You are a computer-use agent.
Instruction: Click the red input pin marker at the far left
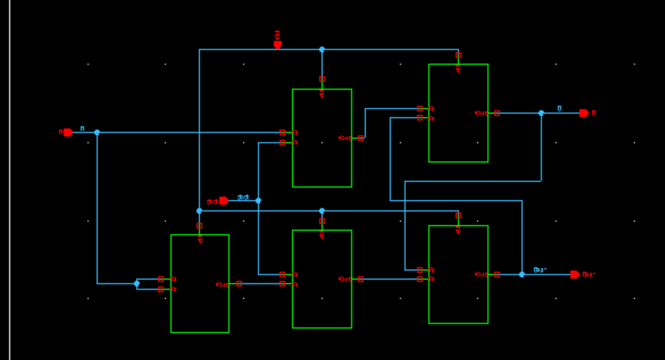click(67, 132)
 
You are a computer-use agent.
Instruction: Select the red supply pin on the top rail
click(277, 44)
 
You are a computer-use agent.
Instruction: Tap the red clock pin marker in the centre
click(223, 201)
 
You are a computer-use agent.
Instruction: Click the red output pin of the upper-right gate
click(584, 113)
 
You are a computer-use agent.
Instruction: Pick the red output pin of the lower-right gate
click(575, 274)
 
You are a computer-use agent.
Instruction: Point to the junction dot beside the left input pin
click(97, 132)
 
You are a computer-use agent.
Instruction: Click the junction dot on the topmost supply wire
click(322, 49)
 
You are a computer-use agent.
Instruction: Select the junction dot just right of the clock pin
click(258, 201)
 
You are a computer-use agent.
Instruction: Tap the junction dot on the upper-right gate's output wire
click(541, 113)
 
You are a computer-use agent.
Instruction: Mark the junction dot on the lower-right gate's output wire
click(522, 274)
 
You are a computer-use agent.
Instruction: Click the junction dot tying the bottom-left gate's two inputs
click(136, 283)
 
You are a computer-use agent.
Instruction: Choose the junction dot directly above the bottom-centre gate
click(322, 211)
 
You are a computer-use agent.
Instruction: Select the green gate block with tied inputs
click(200, 283)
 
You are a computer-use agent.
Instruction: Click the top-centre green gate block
click(322, 138)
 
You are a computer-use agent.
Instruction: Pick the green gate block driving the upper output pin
click(458, 113)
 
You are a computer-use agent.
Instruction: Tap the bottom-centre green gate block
click(322, 279)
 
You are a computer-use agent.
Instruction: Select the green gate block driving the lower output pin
click(458, 274)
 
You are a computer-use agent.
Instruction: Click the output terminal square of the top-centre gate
click(361, 137)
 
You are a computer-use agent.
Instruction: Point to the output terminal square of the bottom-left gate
click(239, 283)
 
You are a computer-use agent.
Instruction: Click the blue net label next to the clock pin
click(242, 197)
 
